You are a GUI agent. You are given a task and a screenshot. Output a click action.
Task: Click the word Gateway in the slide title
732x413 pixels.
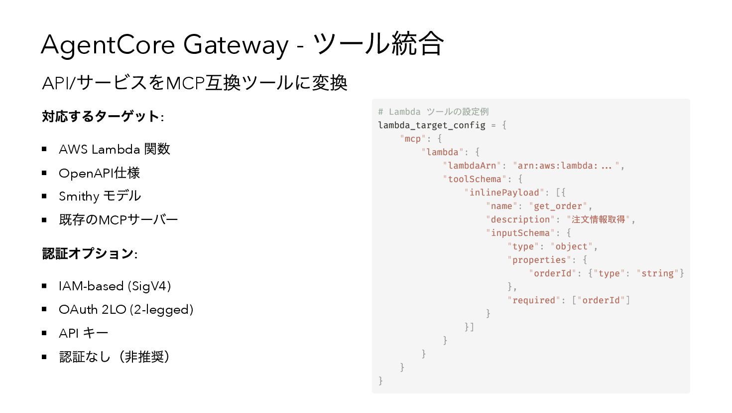(x=236, y=44)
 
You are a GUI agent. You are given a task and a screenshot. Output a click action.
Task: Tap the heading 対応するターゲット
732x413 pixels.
(x=101, y=117)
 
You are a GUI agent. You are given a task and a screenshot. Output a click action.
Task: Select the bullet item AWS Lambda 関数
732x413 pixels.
(x=114, y=149)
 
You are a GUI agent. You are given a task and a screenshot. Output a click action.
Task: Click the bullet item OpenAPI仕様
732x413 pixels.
(x=99, y=173)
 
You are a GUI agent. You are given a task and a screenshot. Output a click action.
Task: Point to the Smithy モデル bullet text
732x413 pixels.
(x=100, y=196)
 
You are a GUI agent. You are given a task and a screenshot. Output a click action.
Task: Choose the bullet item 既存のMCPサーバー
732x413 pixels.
(x=118, y=219)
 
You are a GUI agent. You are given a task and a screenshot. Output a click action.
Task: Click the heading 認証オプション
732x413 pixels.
(x=88, y=253)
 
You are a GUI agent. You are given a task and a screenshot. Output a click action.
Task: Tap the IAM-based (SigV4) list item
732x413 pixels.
(x=115, y=286)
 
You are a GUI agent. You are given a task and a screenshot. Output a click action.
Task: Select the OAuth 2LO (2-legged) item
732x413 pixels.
(x=125, y=309)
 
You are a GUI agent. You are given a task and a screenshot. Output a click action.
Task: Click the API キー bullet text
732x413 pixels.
(x=83, y=333)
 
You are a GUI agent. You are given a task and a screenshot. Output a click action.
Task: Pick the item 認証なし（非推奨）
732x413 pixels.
(x=114, y=357)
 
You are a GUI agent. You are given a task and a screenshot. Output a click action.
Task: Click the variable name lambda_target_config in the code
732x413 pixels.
(x=431, y=125)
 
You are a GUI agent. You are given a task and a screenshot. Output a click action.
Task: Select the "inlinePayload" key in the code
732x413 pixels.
(x=504, y=193)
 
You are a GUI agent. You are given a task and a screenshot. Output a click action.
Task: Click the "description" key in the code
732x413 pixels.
(x=520, y=219)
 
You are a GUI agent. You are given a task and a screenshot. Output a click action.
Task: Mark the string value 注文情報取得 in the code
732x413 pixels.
(x=598, y=219)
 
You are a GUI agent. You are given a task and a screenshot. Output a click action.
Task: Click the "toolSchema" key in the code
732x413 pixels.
(x=475, y=179)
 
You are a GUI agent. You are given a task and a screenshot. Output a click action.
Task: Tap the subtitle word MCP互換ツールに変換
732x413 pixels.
(x=256, y=83)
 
